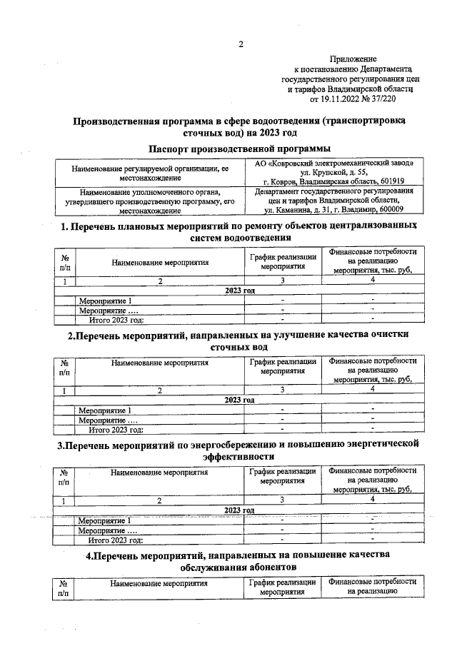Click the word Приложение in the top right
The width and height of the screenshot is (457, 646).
click(353, 58)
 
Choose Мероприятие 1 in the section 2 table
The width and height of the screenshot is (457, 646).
click(105, 410)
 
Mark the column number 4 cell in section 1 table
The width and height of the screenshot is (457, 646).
click(373, 281)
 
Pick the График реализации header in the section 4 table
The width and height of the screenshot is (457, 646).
click(283, 587)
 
